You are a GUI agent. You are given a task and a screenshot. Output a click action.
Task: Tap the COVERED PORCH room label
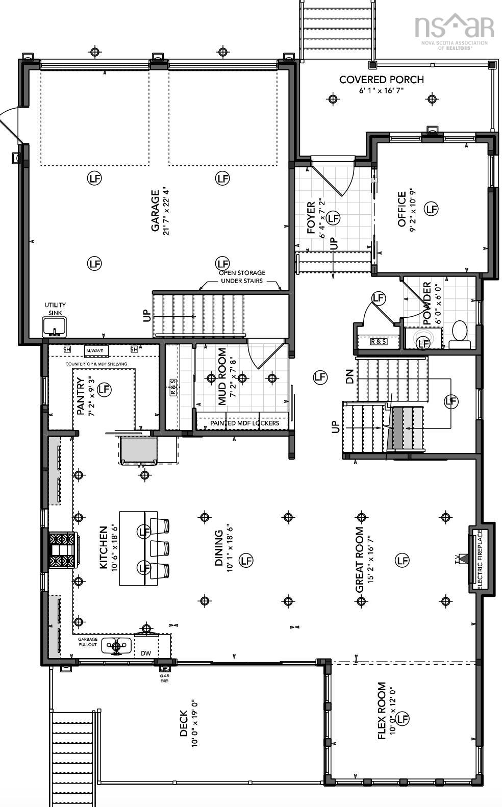pyautogui.click(x=381, y=80)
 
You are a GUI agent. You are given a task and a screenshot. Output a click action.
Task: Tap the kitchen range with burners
pyautogui.click(x=62, y=550)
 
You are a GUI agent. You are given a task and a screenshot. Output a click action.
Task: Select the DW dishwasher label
pyautogui.click(x=146, y=653)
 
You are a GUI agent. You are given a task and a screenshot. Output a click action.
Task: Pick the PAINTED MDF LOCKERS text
pyautogui.click(x=237, y=423)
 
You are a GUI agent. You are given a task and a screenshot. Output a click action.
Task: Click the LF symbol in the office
pyautogui.click(x=432, y=209)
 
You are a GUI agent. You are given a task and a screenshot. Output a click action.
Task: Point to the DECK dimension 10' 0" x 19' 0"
pyautogui.click(x=194, y=723)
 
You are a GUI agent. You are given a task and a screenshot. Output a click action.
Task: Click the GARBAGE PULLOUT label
pyautogui.click(x=87, y=642)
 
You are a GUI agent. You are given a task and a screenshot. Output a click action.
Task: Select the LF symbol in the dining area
pyautogui.click(x=246, y=560)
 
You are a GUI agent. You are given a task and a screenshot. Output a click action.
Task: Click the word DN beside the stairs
pyautogui.click(x=349, y=377)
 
